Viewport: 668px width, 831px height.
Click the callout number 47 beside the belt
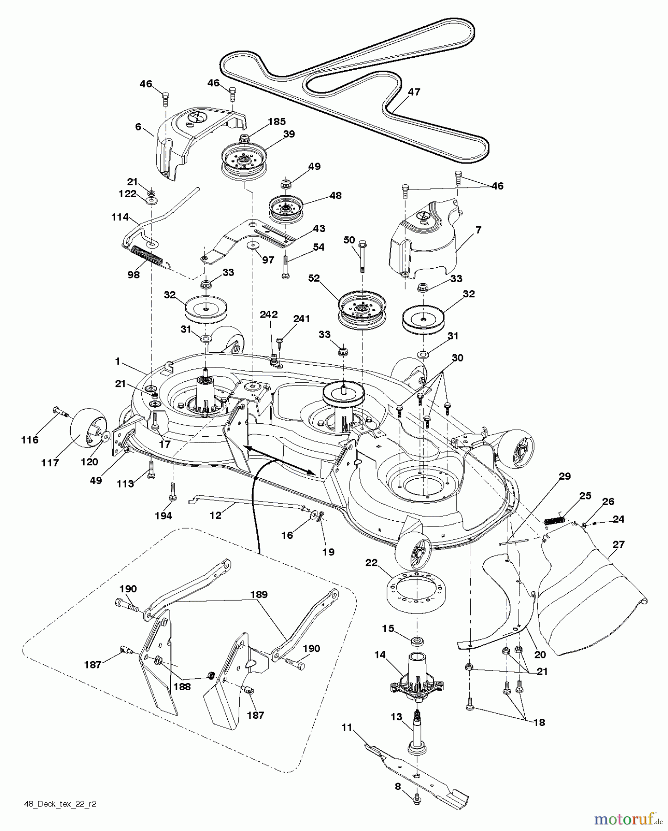pyautogui.click(x=414, y=92)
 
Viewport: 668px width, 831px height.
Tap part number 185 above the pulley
pyautogui.click(x=276, y=122)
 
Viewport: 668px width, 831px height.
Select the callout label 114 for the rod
pyautogui.click(x=120, y=217)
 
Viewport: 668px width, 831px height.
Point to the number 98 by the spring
pyautogui.click(x=134, y=275)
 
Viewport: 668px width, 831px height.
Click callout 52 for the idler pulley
pyautogui.click(x=314, y=278)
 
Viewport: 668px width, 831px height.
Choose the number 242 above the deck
pyautogui.click(x=268, y=314)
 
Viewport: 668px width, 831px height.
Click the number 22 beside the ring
pyautogui.click(x=371, y=563)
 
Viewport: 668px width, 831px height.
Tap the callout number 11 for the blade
pyautogui.click(x=346, y=728)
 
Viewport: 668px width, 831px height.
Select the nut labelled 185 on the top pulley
pyautogui.click(x=244, y=137)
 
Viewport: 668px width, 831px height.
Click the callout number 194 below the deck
pyautogui.click(x=163, y=516)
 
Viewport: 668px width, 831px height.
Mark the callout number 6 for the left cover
pyautogui.click(x=138, y=126)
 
